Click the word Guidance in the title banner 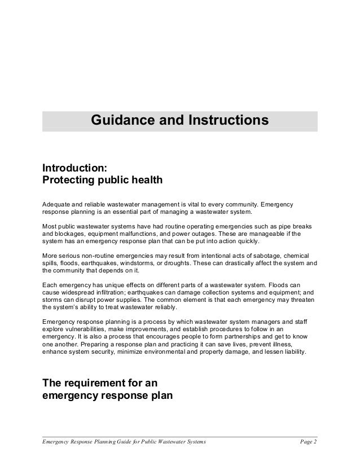[121, 120]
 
